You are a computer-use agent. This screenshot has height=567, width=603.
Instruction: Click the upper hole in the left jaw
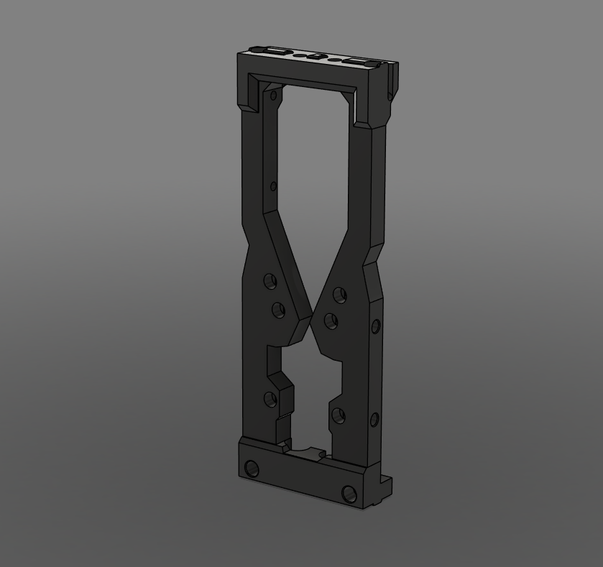coord(270,280)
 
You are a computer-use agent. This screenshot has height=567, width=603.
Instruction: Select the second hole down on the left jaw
coord(278,310)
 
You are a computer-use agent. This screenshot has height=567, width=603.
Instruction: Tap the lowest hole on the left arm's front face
coord(270,399)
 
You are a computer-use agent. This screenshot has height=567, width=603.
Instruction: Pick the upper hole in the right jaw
coord(337,294)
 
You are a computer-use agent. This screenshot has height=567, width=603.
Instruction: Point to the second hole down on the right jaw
coord(331,321)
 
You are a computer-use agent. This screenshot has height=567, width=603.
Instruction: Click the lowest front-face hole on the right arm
coord(337,415)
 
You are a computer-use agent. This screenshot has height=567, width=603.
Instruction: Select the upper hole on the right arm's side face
coord(375,327)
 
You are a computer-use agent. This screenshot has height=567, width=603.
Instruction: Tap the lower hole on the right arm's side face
coord(374,419)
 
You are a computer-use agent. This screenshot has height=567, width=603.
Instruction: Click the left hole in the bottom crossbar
coord(252,469)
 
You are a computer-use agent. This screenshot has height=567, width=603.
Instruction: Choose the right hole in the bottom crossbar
coord(349,494)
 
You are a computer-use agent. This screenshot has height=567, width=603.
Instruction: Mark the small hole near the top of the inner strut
coord(273,94)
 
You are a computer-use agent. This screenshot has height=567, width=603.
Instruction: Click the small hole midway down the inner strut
coord(273,187)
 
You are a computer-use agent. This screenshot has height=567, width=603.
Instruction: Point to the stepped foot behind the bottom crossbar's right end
coord(386,489)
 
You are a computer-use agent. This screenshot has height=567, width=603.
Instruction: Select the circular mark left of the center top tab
coord(298,55)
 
